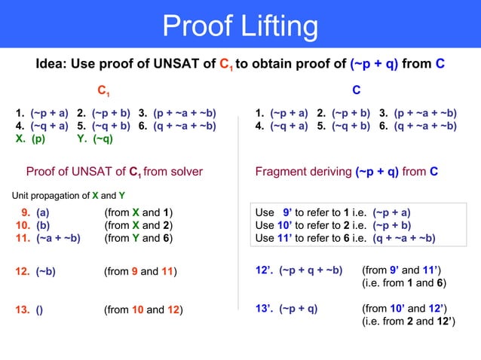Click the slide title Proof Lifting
(240, 27)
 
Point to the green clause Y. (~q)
(95, 139)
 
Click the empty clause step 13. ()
(29, 309)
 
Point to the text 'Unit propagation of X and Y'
(63, 196)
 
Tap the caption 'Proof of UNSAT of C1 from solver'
(115, 172)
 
